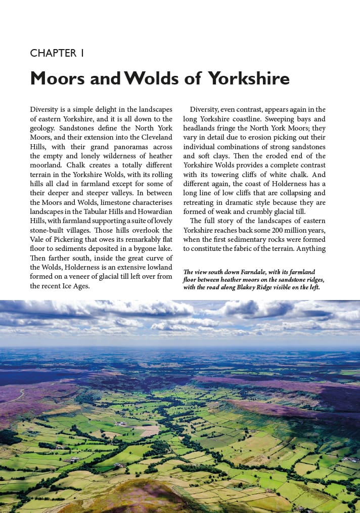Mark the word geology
coord(44,128)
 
